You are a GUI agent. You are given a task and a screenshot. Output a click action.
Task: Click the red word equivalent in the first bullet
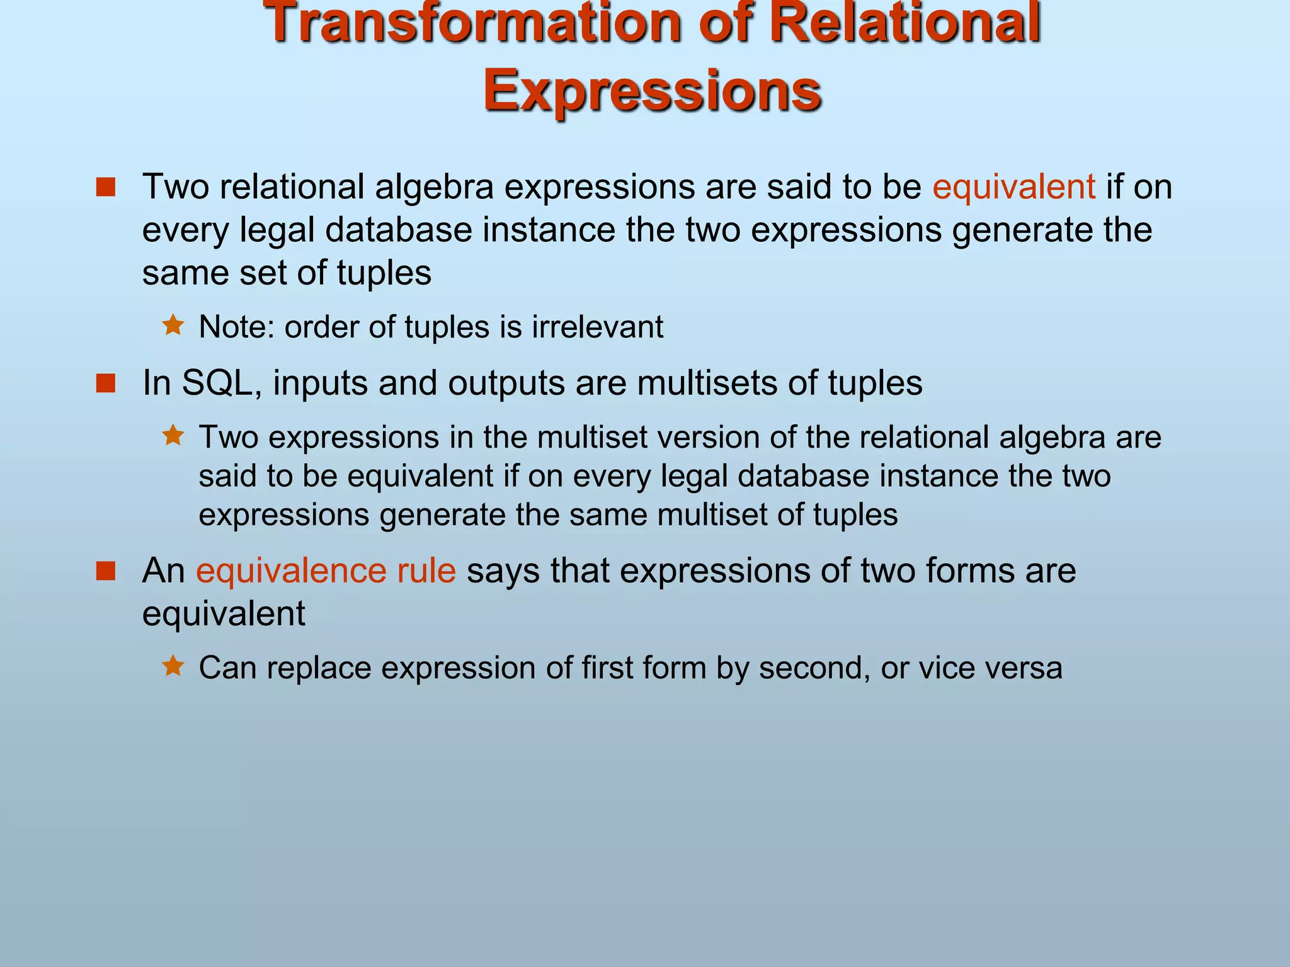[1013, 187]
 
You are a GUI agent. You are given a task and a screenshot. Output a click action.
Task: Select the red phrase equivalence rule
[326, 570]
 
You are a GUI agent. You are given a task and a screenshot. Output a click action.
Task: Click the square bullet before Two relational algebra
[106, 187]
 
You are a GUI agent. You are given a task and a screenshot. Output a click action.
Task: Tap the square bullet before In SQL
[106, 383]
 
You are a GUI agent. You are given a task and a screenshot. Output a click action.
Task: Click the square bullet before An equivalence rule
[106, 570]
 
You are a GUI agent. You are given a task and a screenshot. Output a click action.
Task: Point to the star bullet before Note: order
[173, 325]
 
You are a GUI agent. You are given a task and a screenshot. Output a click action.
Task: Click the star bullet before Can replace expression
[173, 666]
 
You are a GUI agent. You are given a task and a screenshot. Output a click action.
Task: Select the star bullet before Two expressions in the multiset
[173, 435]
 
